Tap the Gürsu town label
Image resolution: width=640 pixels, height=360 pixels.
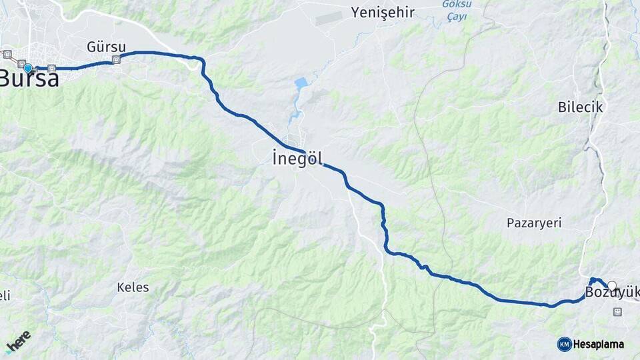[x=101, y=47]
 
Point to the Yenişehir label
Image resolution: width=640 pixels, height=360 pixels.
[x=383, y=13]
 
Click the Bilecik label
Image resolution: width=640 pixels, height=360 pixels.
[x=580, y=107]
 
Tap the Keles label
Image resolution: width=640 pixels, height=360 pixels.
[x=133, y=287]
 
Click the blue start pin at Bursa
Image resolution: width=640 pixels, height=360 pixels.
[x=27, y=68]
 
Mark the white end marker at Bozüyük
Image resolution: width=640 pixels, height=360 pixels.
[x=612, y=285]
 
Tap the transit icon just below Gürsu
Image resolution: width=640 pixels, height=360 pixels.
[x=117, y=60]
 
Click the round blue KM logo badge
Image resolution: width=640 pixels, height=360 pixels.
[x=564, y=344]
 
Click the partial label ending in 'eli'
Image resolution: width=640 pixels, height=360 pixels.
[x=5, y=295]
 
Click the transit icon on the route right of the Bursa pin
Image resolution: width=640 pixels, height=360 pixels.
[x=51, y=68]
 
